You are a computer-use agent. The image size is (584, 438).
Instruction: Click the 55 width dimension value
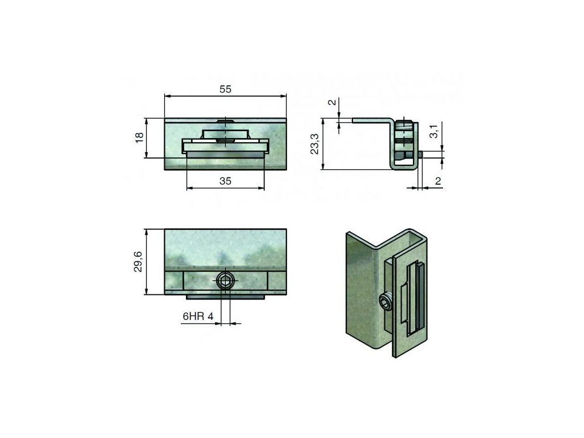[225, 89]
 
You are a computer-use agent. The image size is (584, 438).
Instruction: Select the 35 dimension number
[225, 181]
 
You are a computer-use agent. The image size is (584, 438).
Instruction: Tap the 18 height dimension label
[139, 137]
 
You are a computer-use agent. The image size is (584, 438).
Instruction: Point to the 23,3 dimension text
[315, 144]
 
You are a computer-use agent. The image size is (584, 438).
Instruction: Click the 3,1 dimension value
[434, 132]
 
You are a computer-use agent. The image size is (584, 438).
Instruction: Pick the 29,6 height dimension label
[138, 261]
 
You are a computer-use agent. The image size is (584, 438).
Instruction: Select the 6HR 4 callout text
[198, 317]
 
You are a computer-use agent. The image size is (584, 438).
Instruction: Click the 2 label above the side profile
[332, 102]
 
